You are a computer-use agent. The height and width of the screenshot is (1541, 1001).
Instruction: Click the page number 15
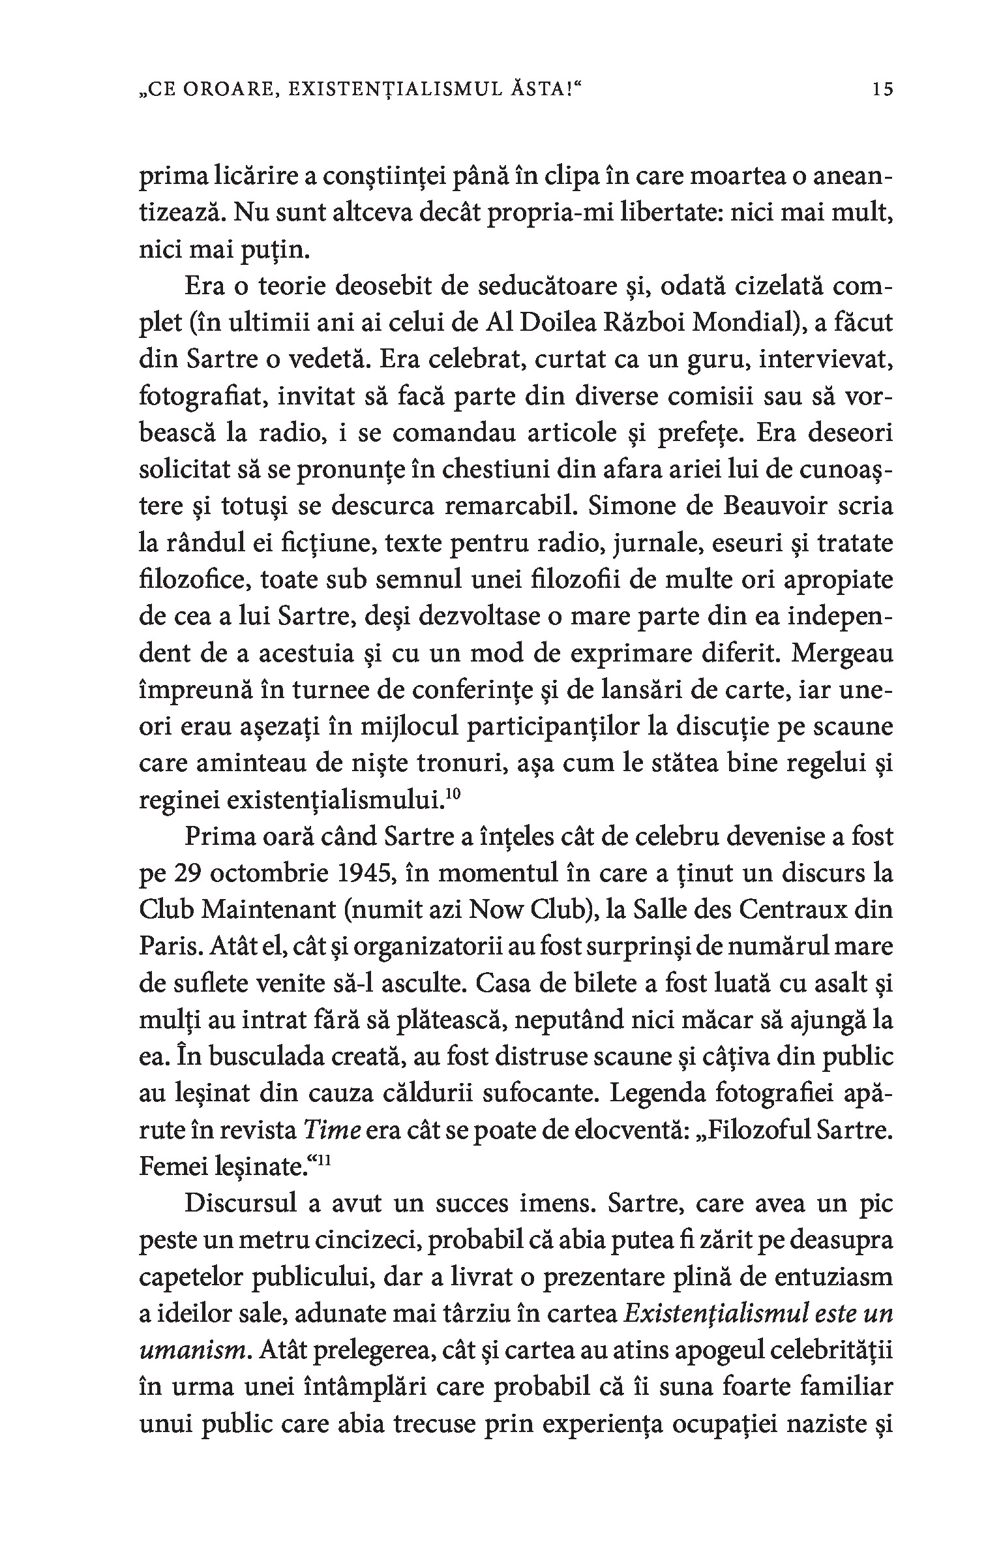tap(882, 90)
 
